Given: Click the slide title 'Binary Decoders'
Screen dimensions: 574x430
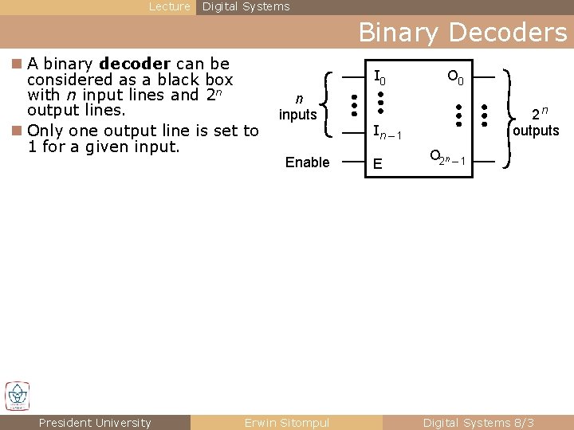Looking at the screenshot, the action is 462,33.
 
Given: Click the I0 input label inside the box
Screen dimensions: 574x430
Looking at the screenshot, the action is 380,78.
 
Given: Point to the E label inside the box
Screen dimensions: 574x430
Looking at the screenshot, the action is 378,164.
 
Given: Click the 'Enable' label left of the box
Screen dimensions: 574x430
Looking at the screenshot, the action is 307,162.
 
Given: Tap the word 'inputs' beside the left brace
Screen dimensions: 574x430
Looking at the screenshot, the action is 297,115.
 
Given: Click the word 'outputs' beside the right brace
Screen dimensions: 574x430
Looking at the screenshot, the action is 536,131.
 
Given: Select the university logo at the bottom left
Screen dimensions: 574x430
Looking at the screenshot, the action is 17,396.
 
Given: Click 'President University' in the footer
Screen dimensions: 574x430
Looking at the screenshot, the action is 95,423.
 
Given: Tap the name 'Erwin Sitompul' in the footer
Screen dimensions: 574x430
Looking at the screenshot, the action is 287,423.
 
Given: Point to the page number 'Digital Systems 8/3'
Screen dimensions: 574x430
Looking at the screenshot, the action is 478,423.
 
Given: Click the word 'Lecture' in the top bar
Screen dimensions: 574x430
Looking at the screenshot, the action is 170,6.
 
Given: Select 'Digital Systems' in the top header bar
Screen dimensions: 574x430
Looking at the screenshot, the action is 246,6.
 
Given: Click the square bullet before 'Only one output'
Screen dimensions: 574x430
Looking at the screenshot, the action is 18,131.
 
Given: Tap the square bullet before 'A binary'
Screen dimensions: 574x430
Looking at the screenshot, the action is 18,64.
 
